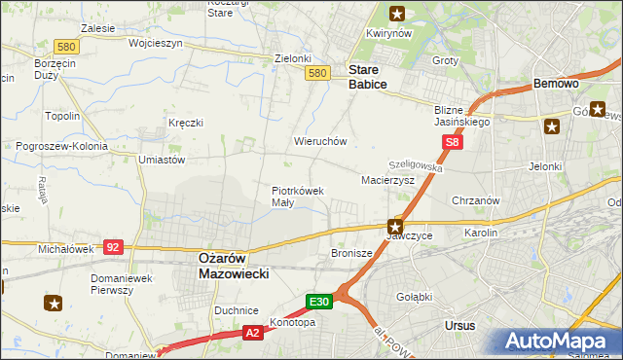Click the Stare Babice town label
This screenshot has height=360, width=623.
click(368, 78)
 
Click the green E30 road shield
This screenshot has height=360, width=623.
click(321, 303)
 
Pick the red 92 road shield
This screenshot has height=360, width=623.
click(113, 247)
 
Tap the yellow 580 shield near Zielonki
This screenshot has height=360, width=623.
click(315, 73)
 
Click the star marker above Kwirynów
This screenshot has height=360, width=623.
click(397, 14)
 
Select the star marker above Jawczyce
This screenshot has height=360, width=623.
click(394, 225)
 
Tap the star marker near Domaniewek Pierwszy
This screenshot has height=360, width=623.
click(54, 304)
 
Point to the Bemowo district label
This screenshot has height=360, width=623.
click(557, 85)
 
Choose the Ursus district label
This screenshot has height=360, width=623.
click(458, 324)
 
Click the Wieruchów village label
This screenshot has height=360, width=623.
click(320, 141)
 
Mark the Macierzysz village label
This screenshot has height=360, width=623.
click(387, 180)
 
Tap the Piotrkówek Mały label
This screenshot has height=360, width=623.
click(297, 197)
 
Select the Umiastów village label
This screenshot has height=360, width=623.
click(163, 159)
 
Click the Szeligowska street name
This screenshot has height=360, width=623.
click(416, 166)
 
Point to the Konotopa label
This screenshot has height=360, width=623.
click(294, 322)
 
